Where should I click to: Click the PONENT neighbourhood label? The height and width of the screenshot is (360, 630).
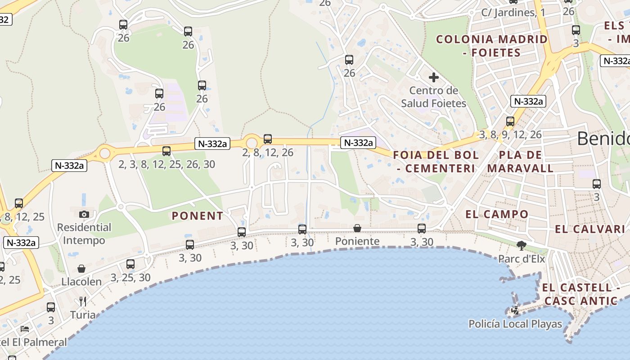click(197, 216)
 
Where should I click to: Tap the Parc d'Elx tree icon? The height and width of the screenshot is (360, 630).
click(522, 246)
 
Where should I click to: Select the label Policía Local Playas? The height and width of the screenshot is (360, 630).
click(515, 324)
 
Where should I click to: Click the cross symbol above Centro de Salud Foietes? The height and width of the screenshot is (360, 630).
click(433, 77)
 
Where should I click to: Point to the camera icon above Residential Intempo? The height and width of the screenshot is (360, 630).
click(84, 214)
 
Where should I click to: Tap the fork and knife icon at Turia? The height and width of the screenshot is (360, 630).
click(83, 301)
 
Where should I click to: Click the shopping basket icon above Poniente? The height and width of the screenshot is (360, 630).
click(357, 228)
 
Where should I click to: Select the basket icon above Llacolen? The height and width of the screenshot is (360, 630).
click(81, 269)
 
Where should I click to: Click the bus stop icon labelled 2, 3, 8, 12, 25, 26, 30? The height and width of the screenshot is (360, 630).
click(166, 151)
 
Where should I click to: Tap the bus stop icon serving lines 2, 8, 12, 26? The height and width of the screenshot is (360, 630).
click(268, 139)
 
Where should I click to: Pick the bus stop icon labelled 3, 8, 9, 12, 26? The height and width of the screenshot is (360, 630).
click(510, 121)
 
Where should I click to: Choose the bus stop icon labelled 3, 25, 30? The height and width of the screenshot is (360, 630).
click(130, 264)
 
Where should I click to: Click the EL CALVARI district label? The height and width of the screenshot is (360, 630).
click(590, 229)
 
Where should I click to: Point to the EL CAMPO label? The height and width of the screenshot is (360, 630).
click(497, 215)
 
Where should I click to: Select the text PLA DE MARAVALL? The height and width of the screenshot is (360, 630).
click(520, 162)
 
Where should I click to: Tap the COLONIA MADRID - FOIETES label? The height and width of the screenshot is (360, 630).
click(492, 46)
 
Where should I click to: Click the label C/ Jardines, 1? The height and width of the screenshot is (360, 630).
click(513, 13)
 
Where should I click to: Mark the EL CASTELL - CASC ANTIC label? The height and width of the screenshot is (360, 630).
click(580, 294)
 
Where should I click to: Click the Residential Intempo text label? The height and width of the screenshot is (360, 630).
click(84, 234)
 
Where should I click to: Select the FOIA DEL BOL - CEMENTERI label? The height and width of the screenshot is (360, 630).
click(436, 162)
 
